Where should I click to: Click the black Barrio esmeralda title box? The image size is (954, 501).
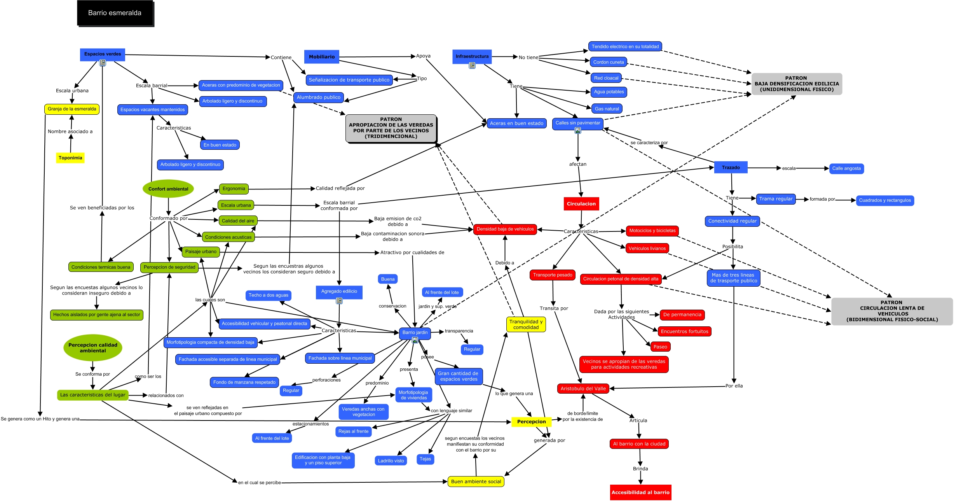[x=115, y=13]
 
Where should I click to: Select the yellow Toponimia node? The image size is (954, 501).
[x=70, y=158]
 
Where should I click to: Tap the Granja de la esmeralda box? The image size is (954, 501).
[x=72, y=109]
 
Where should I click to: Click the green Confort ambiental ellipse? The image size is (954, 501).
[x=168, y=189]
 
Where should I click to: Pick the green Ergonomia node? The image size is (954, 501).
[x=234, y=189]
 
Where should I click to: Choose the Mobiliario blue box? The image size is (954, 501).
[x=322, y=57]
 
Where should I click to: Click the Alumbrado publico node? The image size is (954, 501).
[x=319, y=97]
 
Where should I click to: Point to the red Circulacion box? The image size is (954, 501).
[x=581, y=204]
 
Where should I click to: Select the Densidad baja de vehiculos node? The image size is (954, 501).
[x=505, y=229]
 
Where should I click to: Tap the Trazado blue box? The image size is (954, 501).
[x=731, y=168]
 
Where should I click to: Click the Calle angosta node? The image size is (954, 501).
[x=846, y=168]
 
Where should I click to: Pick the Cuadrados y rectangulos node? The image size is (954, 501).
[x=885, y=200]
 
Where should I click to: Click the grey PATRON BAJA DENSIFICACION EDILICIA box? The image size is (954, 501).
[x=797, y=84]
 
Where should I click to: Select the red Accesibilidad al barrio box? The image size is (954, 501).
[x=640, y=492]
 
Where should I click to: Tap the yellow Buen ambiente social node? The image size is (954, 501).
[x=476, y=482]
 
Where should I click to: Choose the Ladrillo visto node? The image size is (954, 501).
[x=391, y=461]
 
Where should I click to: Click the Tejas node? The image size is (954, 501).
[x=426, y=459]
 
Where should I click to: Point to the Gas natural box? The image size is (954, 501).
[x=607, y=109]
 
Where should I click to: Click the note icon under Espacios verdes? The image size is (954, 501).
[x=103, y=63]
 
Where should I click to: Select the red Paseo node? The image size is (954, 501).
[x=660, y=347]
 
